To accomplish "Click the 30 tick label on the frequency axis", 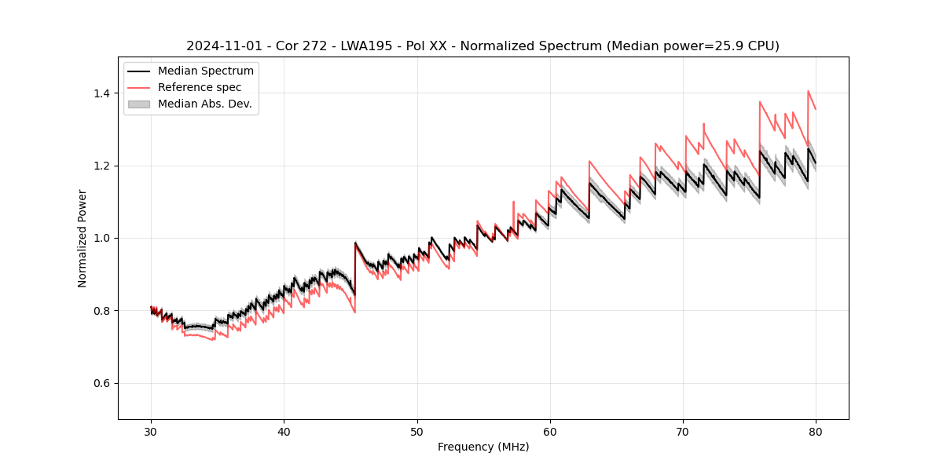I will pos(151,431).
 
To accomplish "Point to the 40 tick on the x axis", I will pos(284,431).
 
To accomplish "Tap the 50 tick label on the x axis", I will pos(416,431).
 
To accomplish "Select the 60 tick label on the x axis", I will pos(549,431).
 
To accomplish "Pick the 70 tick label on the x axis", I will pos(682,431).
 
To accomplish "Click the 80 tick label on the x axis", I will pos(815,431).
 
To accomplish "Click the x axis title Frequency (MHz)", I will pos(483,447).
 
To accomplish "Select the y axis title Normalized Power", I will pos(83,238).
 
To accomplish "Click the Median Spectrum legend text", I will pos(206,71).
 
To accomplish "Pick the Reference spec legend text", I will pos(200,87).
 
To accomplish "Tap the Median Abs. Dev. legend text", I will pos(205,104).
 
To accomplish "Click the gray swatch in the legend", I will pos(138,104).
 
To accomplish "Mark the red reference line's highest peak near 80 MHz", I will pos(808,91).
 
